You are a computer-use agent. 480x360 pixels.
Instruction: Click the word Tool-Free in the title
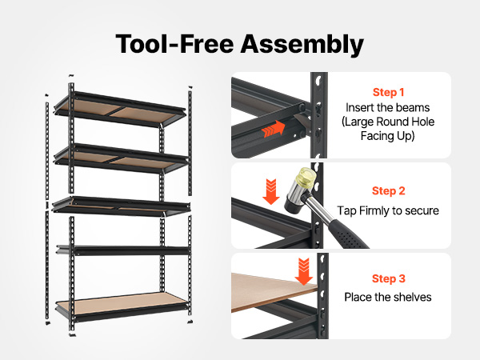[x=174, y=44]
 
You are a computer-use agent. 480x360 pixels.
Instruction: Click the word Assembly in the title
[x=302, y=45]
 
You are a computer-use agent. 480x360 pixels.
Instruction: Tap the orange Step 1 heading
[x=388, y=92]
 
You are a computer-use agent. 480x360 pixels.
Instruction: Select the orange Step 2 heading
[x=389, y=190]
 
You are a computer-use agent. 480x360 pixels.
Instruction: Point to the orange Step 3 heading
[x=389, y=278]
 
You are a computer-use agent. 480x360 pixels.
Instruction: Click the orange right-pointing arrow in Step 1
[x=274, y=129]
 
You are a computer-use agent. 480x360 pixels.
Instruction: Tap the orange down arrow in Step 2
[x=271, y=192]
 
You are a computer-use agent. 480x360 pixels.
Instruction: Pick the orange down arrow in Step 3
[x=304, y=271]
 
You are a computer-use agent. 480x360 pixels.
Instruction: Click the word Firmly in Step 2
[x=374, y=211]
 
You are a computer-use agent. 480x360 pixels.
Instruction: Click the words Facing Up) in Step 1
[x=387, y=136]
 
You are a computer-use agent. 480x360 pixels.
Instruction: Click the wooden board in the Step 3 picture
[x=273, y=292]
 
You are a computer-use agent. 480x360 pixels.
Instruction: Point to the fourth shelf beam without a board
[x=123, y=250]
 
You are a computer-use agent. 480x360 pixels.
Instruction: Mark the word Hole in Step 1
[x=422, y=122]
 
